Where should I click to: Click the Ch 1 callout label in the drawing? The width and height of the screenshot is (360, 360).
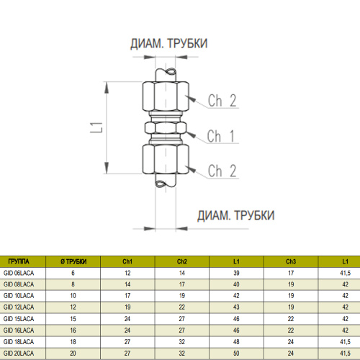[x=221, y=136]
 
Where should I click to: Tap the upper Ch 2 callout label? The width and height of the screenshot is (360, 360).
[x=222, y=101]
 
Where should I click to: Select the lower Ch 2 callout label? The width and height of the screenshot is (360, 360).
[x=222, y=171]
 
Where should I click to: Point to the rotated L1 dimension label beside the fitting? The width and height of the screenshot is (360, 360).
[x=96, y=127]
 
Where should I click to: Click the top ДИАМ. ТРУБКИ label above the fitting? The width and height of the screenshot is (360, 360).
[x=168, y=43]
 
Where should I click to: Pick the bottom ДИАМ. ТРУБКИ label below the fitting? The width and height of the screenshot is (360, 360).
[x=236, y=215]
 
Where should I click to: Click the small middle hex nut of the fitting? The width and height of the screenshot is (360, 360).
[x=166, y=127]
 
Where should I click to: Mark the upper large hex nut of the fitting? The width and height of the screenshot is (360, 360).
[x=166, y=96]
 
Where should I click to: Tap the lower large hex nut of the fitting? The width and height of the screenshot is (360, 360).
[x=166, y=159]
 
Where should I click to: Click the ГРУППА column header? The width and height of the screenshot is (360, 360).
[x=19, y=261]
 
